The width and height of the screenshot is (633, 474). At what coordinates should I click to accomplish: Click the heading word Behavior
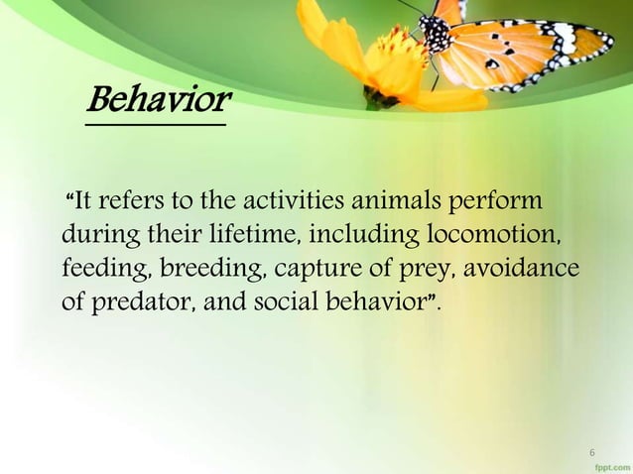[x=159, y=99]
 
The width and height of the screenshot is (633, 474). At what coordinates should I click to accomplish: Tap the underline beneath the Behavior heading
[x=155, y=124]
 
